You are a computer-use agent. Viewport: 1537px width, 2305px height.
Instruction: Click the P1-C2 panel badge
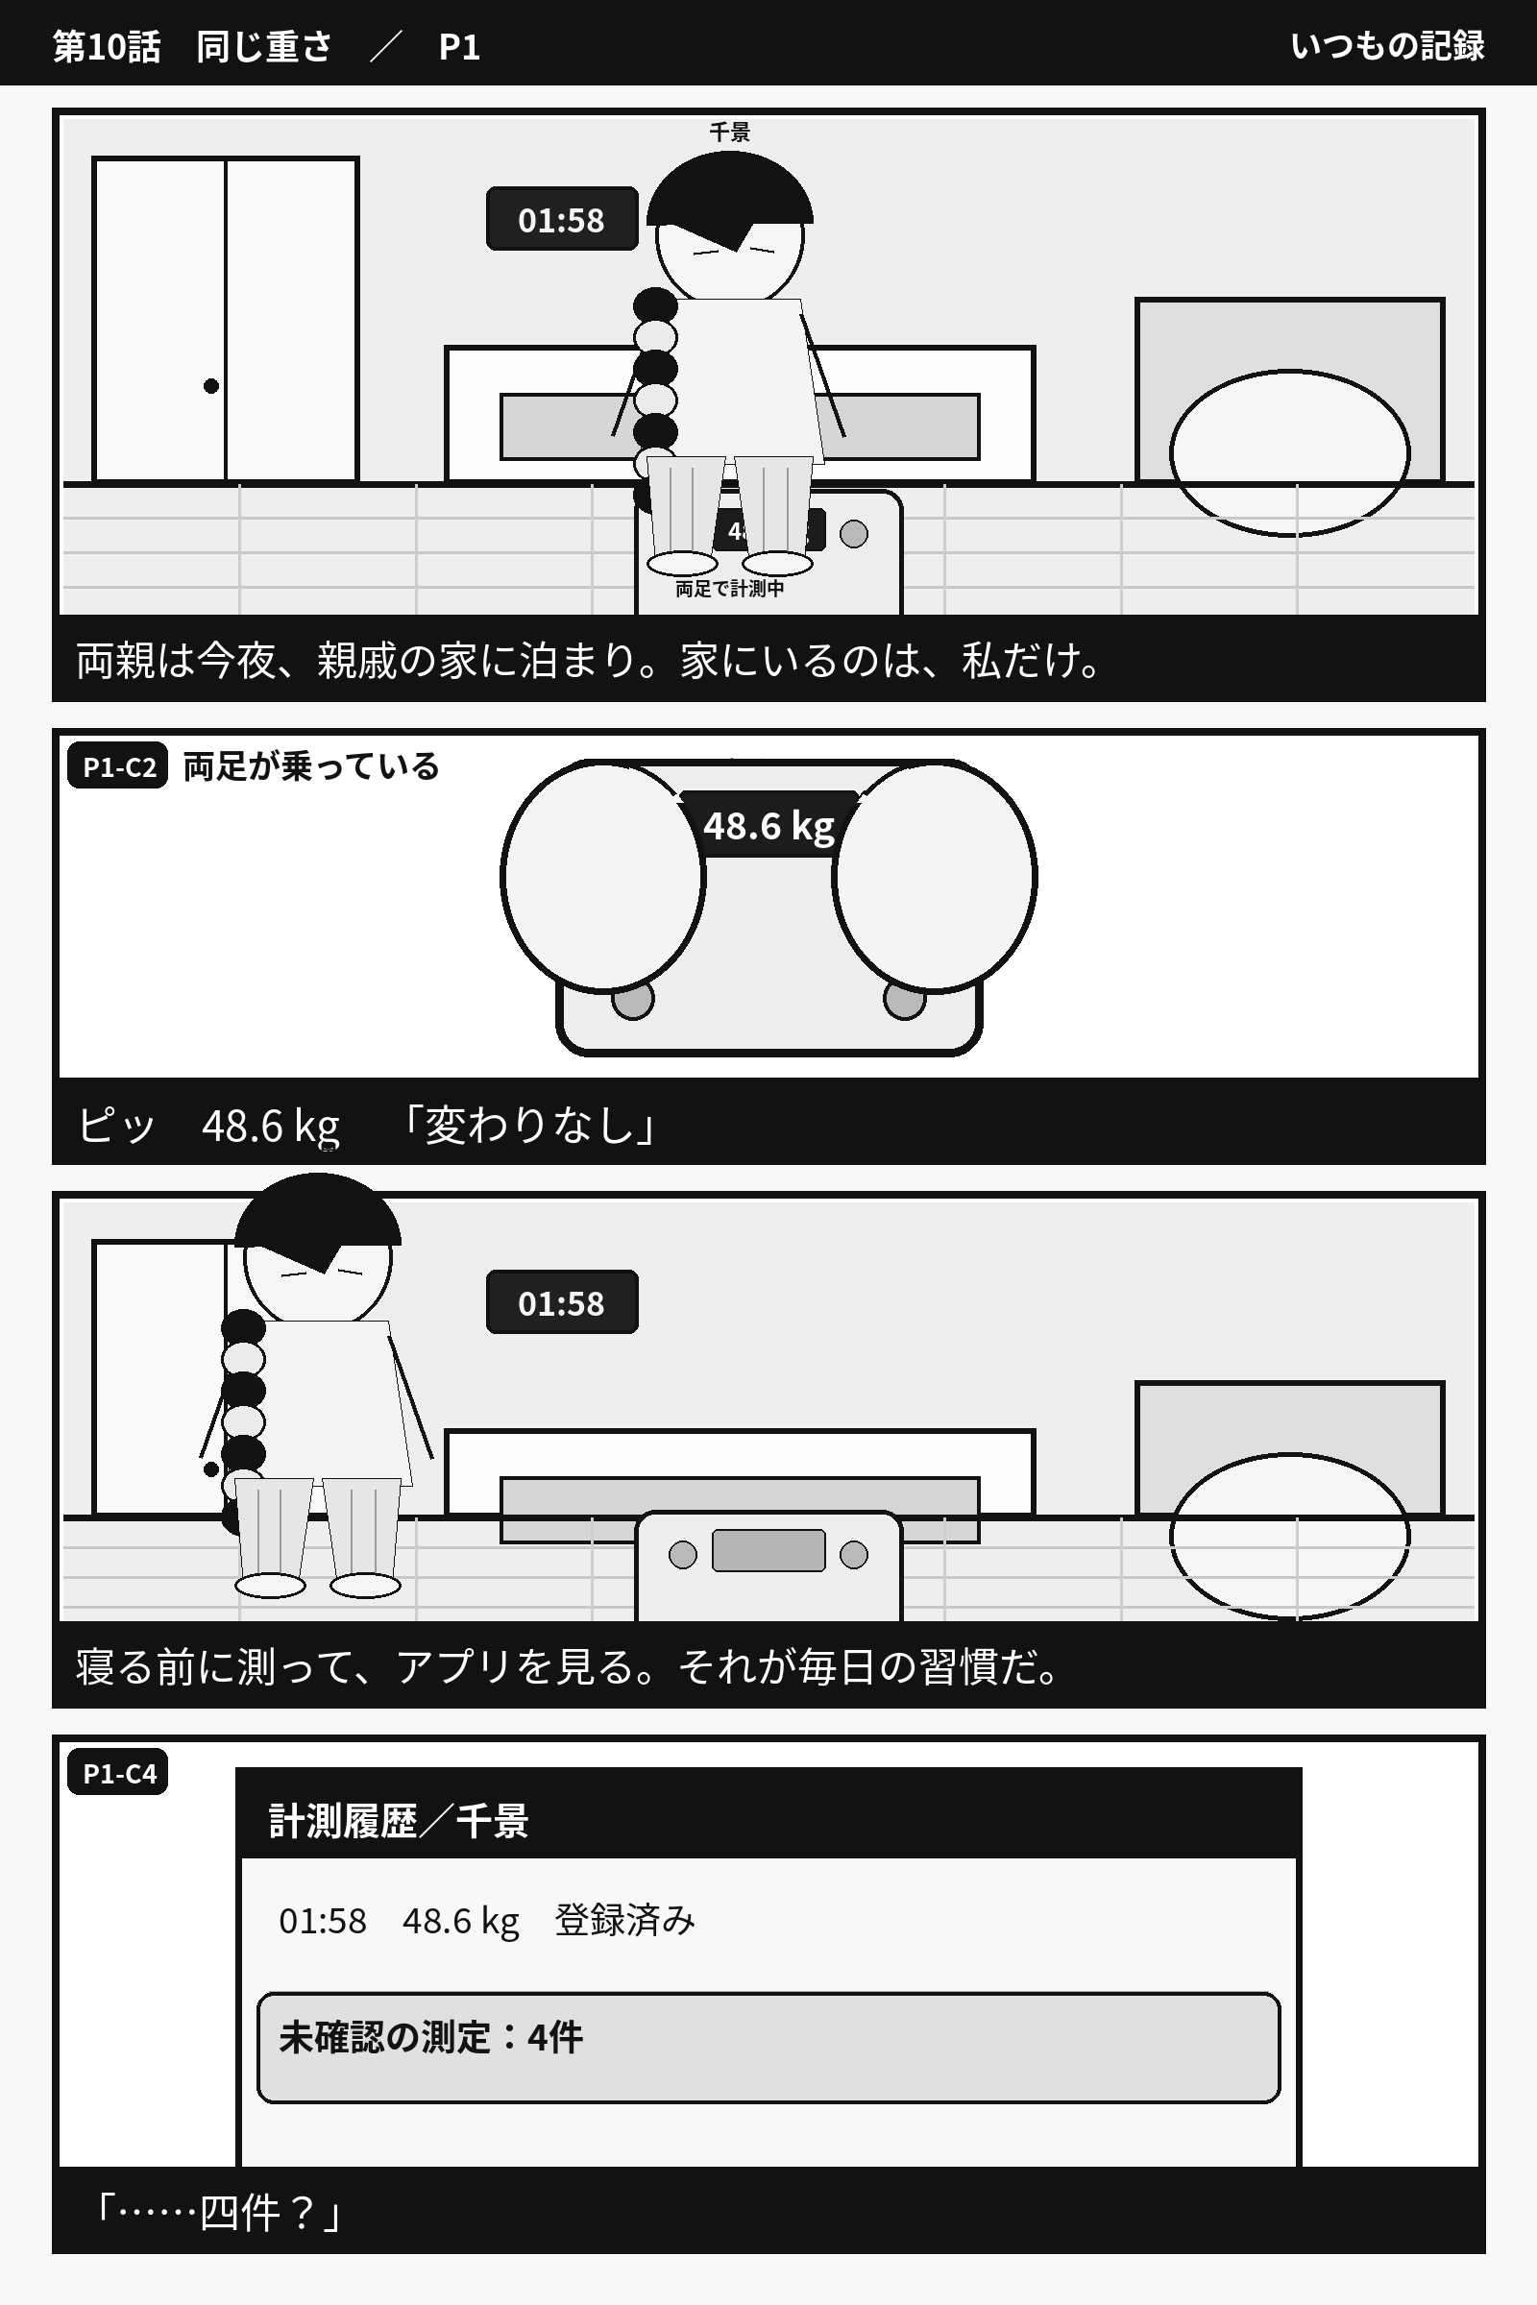[117, 765]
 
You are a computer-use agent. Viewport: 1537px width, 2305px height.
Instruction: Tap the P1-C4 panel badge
[117, 1772]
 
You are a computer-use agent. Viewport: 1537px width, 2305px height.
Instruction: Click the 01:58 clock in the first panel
[562, 219]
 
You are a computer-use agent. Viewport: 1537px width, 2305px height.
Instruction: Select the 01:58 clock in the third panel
[562, 1301]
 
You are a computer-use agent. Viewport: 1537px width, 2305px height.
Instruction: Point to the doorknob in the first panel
[210, 386]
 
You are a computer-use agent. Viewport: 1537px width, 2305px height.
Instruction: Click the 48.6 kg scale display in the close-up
[768, 825]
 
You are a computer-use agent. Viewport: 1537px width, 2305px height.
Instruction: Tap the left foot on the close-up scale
[603, 875]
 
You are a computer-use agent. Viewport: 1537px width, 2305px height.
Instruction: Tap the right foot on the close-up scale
[934, 875]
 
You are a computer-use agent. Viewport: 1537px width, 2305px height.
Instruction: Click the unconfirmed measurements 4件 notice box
[768, 2048]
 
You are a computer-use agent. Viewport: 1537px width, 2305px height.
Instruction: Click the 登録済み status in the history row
[625, 1920]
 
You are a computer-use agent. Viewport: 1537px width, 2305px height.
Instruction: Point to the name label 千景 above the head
[729, 133]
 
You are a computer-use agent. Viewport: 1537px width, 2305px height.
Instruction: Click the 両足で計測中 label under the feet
[729, 588]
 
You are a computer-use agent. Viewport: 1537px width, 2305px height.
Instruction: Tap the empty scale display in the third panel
[768, 1549]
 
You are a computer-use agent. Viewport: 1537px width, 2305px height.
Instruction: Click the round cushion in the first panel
[1290, 452]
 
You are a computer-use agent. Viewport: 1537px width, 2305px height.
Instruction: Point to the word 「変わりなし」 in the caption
[529, 1124]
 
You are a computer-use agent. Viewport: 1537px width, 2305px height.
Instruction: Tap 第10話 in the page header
[106, 46]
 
